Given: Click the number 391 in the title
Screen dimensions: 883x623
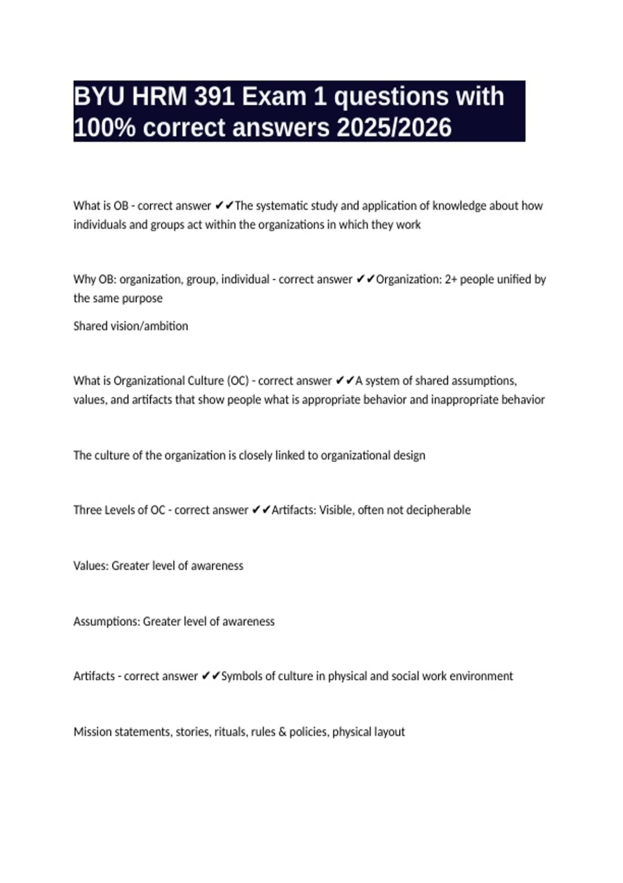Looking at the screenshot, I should click(x=213, y=97).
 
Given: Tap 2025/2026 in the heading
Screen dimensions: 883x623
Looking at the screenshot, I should click(x=394, y=128).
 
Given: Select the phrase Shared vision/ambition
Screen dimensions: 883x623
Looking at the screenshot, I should click(x=131, y=326).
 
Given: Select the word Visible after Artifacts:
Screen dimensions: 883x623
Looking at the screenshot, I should click(x=336, y=510).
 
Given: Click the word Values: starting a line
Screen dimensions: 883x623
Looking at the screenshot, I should click(x=91, y=566).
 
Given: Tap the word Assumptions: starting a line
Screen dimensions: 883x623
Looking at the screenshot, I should click(x=106, y=622).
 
